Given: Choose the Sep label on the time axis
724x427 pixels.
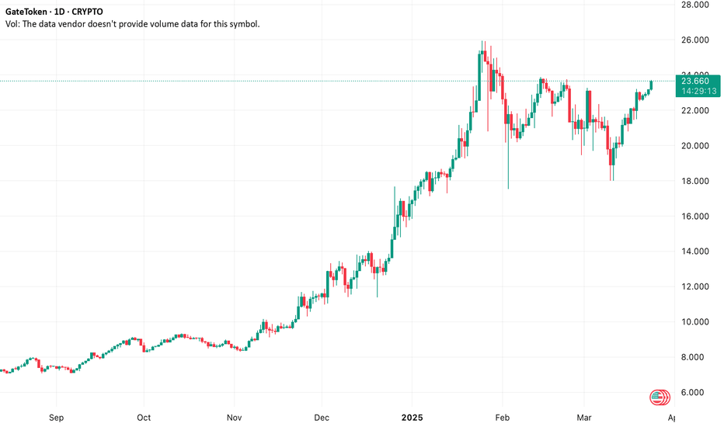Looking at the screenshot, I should tap(55, 417).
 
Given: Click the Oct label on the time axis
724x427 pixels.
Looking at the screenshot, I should tap(144, 417).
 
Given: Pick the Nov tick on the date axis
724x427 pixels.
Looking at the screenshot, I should tap(234, 417).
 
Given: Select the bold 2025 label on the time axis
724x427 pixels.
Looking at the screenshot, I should tap(412, 417).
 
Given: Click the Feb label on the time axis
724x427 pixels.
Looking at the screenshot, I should tap(503, 417).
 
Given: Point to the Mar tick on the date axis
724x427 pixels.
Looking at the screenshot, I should tap(584, 417).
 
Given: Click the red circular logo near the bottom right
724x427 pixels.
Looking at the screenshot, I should tap(660, 397).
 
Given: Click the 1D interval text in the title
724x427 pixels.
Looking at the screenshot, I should tap(74, 12).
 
